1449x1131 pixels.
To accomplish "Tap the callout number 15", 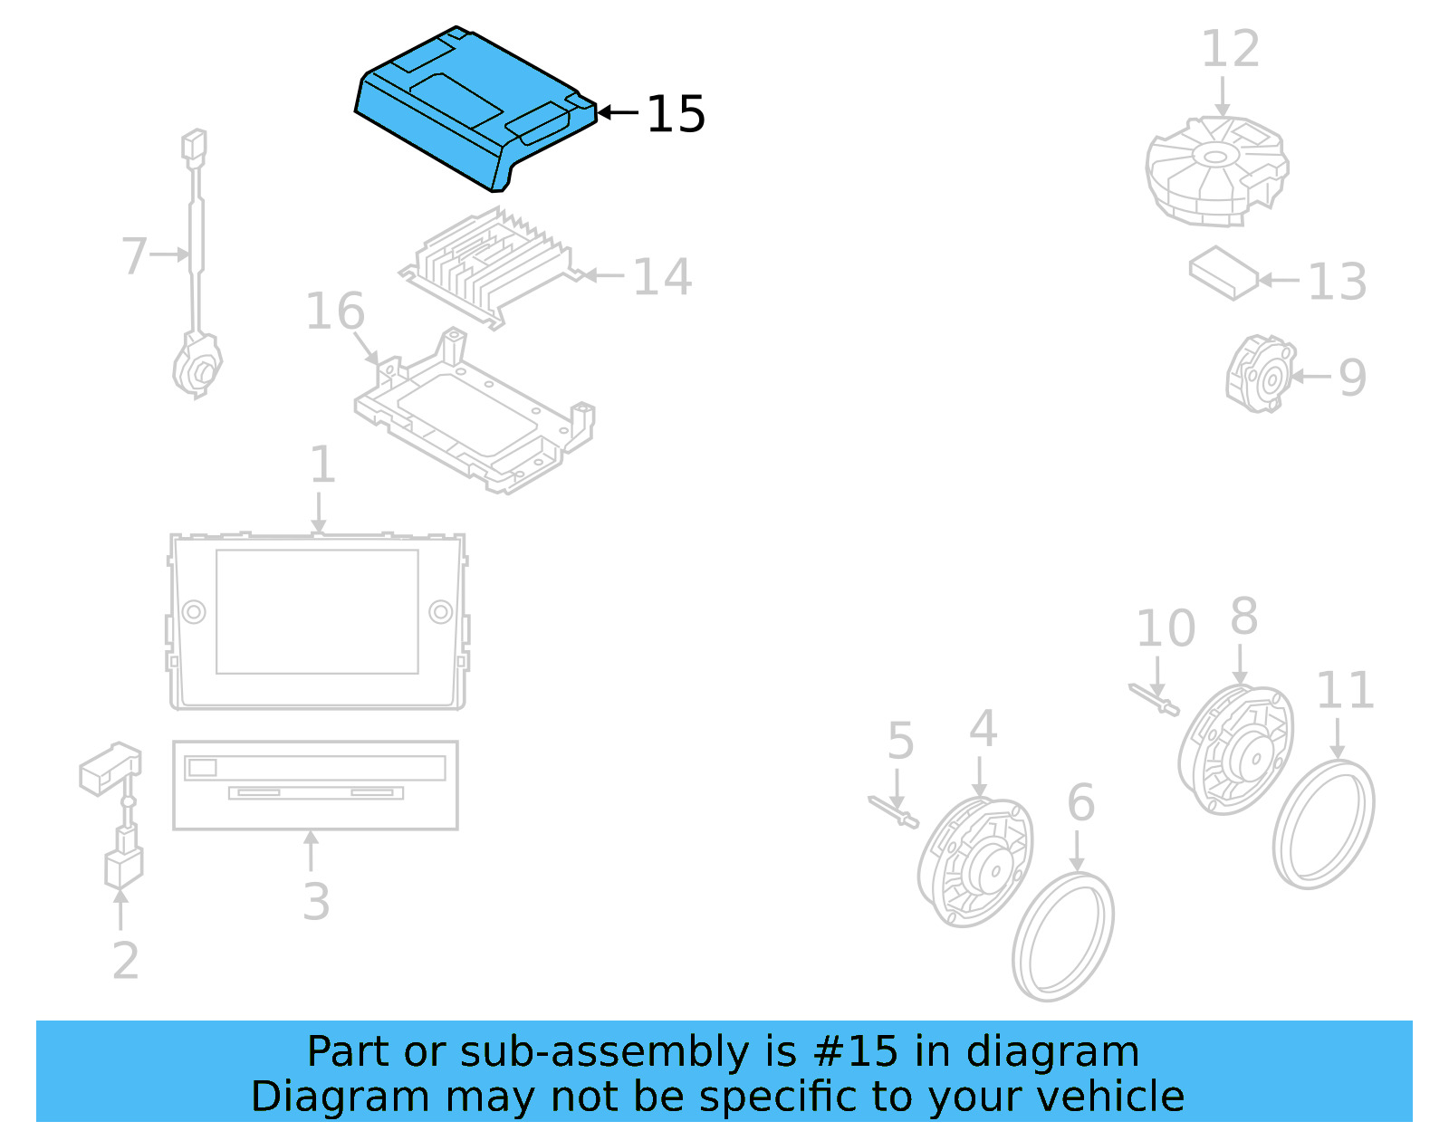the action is pyautogui.click(x=676, y=114).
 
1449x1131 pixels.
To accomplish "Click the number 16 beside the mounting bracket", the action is pyautogui.click(x=335, y=312).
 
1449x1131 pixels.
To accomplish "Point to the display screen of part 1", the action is pyautogui.click(x=317, y=612).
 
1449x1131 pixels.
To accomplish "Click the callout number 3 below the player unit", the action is pyautogui.click(x=316, y=902).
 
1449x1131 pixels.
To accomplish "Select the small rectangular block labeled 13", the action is pyautogui.click(x=1223, y=273).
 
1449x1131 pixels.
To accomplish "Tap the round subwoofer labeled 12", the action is pyautogui.click(x=1216, y=171).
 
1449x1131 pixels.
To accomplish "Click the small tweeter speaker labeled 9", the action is pyautogui.click(x=1261, y=374).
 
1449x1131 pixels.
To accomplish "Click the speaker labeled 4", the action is pyautogui.click(x=974, y=862).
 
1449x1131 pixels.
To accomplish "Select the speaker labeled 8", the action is pyautogui.click(x=1235, y=750).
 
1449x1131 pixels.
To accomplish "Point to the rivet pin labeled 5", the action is pyautogui.click(x=893, y=811).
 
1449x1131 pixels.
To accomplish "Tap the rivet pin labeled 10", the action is pyautogui.click(x=1154, y=700).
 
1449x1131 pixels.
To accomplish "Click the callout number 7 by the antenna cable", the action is pyautogui.click(x=134, y=256).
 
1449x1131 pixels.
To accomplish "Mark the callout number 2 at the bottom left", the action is pyautogui.click(x=125, y=961).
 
